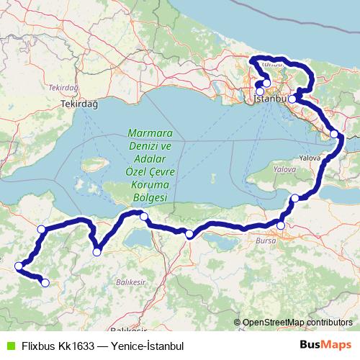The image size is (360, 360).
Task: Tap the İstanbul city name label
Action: click(x=271, y=100)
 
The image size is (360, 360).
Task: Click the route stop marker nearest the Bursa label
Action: click(x=281, y=227)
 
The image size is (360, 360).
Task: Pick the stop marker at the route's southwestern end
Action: click(x=45, y=283)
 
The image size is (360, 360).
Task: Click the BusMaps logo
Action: click(x=325, y=346)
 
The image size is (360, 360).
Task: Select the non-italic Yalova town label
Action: click(x=312, y=155)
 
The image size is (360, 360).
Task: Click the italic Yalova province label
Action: click(x=284, y=168)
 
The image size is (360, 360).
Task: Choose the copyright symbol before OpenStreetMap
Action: click(x=238, y=323)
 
